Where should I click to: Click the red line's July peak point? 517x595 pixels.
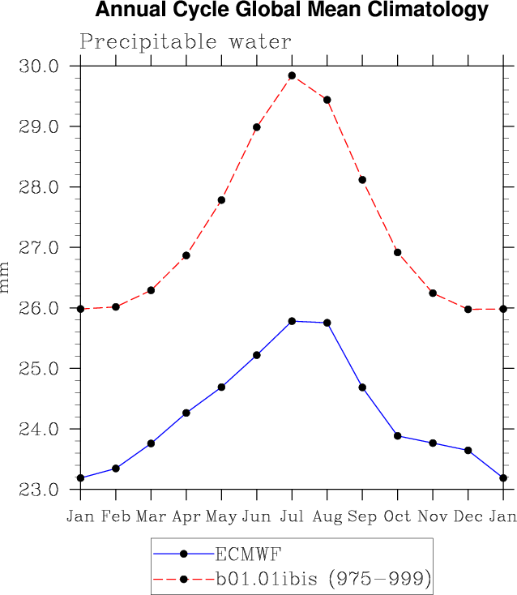pyautogui.click(x=292, y=75)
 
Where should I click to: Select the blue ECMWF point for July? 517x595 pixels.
pyautogui.click(x=292, y=321)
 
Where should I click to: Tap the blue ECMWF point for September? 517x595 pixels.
pyautogui.click(x=362, y=387)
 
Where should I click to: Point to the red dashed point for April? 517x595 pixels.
pyautogui.click(x=186, y=255)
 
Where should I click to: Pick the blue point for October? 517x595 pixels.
pyautogui.click(x=398, y=435)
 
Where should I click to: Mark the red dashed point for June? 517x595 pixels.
pyautogui.click(x=257, y=126)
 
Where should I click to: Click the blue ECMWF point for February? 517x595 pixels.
pyautogui.click(x=116, y=469)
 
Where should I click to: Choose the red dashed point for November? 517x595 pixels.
pyautogui.click(x=433, y=293)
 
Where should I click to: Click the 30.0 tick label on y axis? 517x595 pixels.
pyautogui.click(x=40, y=66)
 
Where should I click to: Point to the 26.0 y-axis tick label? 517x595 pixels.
pyautogui.click(x=40, y=308)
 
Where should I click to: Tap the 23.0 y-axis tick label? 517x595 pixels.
pyautogui.click(x=40, y=490)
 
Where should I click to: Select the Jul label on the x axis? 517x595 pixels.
pyautogui.click(x=292, y=517)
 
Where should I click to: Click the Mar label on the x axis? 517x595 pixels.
pyautogui.click(x=151, y=517)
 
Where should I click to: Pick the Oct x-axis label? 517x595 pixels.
pyautogui.click(x=398, y=517)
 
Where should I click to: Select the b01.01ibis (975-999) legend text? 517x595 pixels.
pyautogui.click(x=321, y=579)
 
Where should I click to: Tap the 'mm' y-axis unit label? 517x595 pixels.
pyautogui.click(x=6, y=277)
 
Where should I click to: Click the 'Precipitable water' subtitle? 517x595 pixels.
pyautogui.click(x=186, y=42)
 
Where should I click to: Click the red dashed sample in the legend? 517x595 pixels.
pyautogui.click(x=184, y=579)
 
